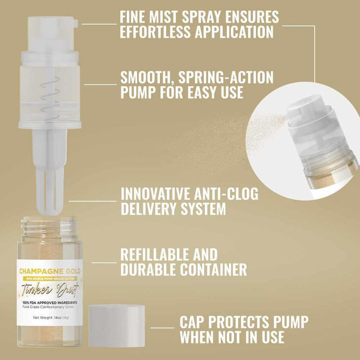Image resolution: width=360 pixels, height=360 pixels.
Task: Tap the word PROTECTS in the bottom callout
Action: coord(242,322)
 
